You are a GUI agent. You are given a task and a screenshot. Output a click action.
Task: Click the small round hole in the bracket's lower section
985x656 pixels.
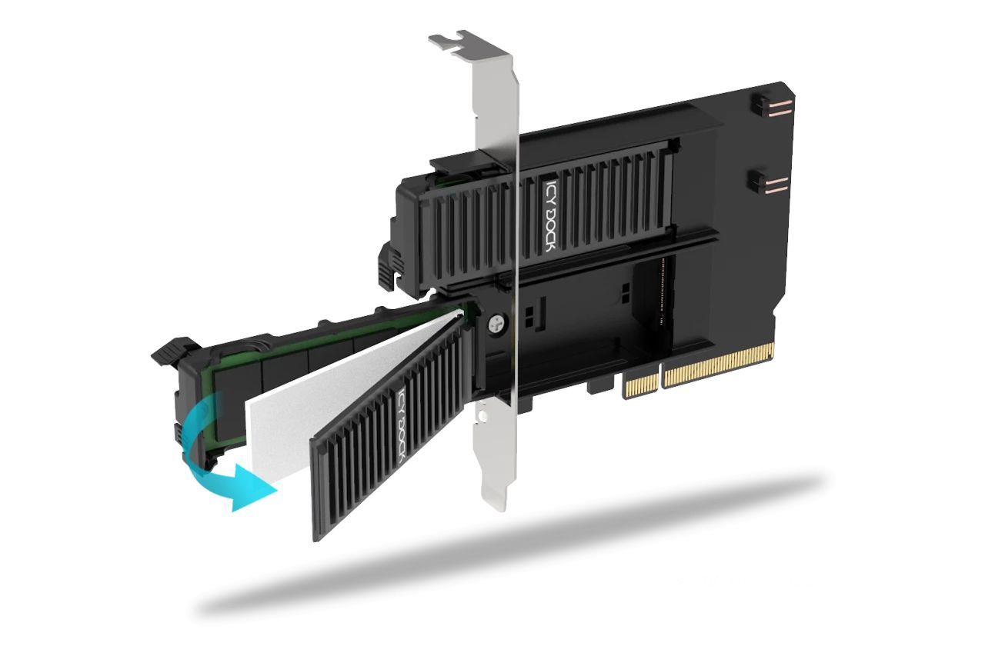[x=483, y=416]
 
